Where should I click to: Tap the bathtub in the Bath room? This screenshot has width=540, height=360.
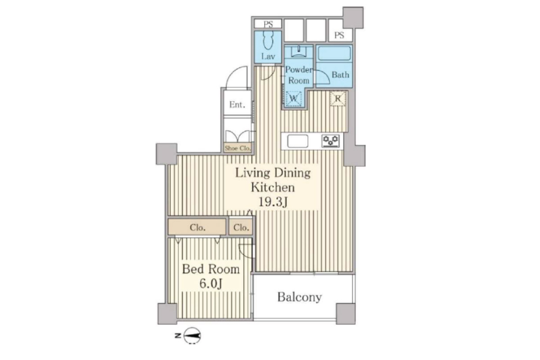coord(334,53)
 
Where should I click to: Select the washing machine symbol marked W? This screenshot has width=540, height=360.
coord(293,99)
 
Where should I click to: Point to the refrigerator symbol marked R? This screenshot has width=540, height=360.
coord(338,99)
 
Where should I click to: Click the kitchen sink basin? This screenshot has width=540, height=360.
coord(297,141)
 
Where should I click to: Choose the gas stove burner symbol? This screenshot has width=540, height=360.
coord(331,141)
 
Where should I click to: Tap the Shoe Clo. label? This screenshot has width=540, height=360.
coord(238,148)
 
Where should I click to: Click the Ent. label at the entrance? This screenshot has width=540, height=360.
coord(237,105)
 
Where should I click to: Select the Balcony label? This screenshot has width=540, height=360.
coord(299,297)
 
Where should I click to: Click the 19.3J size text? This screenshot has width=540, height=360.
coord(273,202)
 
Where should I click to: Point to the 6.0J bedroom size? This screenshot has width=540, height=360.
coord(211,283)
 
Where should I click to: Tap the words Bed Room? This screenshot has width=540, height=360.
coord(211,269)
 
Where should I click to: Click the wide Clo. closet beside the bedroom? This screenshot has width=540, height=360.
coord(197,227)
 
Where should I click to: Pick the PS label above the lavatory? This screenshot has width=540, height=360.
coord(268,24)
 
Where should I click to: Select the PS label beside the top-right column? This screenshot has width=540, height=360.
coord(339,36)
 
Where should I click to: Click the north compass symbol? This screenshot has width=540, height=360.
coord(192,335)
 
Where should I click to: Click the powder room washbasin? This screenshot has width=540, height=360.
coord(299,51)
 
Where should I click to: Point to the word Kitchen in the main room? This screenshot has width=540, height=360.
coord(273,187)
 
